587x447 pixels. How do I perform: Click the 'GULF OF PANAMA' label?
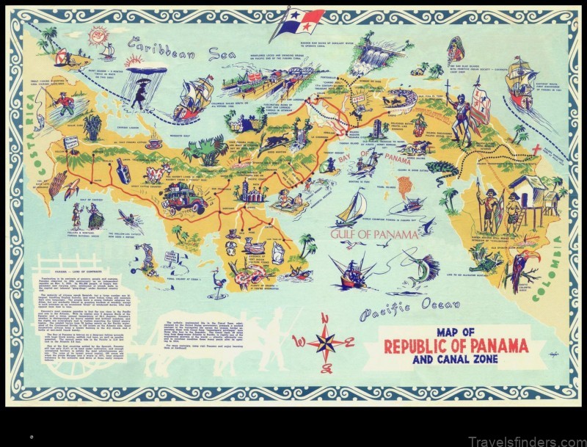[374, 234]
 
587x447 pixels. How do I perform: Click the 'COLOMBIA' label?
[555, 264]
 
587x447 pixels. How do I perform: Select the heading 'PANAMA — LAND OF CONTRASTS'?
[77, 269]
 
